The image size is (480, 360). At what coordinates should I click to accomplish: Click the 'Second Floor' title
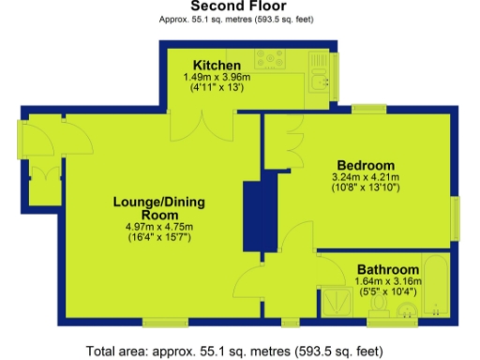click(x=239, y=7)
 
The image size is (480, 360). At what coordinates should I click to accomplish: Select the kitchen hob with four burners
click(x=270, y=60)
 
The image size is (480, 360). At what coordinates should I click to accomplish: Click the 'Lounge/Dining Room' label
click(x=158, y=207)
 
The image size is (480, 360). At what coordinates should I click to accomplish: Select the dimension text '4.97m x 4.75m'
click(x=158, y=227)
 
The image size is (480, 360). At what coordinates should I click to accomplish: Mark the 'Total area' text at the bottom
click(x=234, y=352)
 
